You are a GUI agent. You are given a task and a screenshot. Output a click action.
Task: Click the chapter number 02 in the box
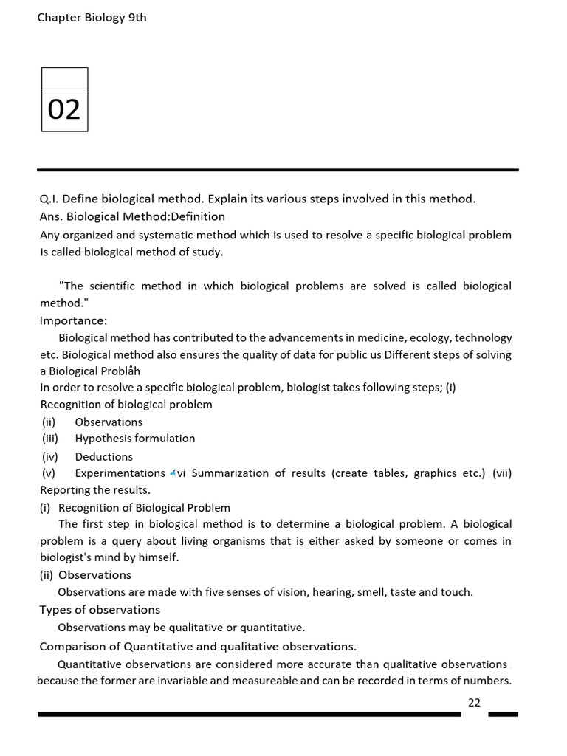(x=64, y=109)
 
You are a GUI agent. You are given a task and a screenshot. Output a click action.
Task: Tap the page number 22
(x=474, y=702)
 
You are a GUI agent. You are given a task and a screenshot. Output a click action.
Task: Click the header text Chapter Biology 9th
(x=92, y=18)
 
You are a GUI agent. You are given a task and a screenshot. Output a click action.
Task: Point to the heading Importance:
(x=73, y=320)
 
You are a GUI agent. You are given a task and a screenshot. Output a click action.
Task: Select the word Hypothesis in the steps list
(x=104, y=439)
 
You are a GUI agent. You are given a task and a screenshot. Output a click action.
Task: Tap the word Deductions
(x=104, y=456)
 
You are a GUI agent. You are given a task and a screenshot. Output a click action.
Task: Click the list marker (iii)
(x=49, y=439)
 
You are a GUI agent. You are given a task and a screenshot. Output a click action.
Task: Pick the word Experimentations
(x=120, y=473)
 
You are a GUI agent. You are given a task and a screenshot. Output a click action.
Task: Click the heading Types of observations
(x=100, y=610)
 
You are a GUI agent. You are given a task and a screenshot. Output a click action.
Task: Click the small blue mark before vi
(x=172, y=472)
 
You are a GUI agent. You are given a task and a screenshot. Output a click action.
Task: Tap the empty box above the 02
(x=64, y=77)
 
